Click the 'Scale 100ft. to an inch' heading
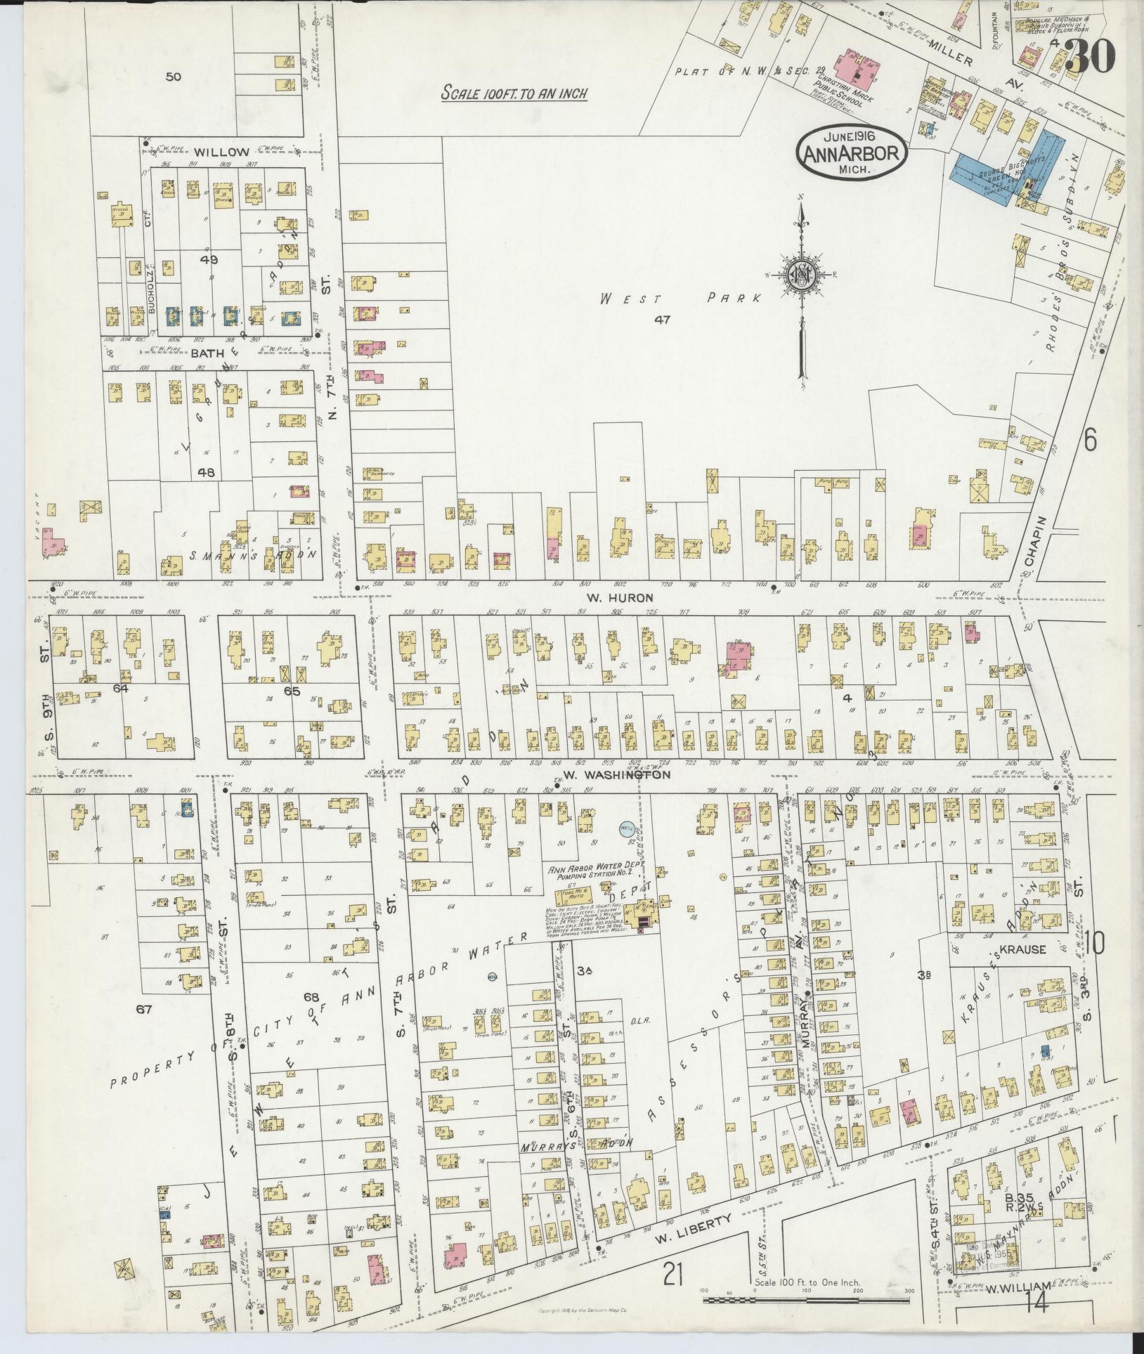pyautogui.click(x=514, y=93)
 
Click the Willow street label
pyautogui.click(x=222, y=152)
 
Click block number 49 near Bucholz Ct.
pyautogui.click(x=209, y=259)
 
